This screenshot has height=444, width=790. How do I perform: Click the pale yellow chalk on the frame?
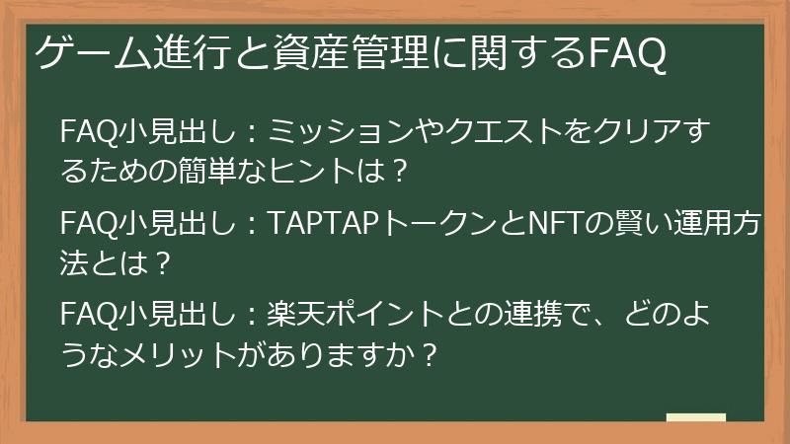695,418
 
